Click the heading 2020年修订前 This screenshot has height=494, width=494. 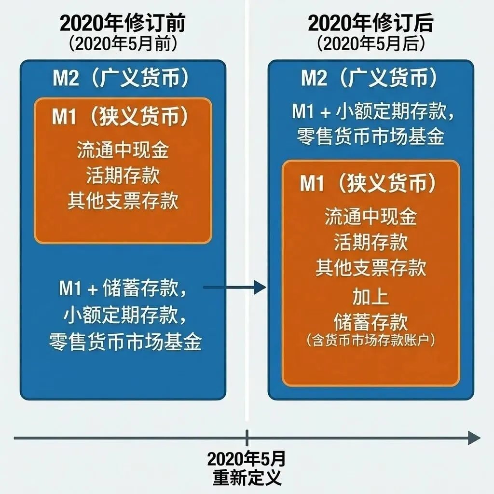pos(123,23)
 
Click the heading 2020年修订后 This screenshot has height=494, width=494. pos(370,23)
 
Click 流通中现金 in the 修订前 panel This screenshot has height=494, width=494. pos(123,151)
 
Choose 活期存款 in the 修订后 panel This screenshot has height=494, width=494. pos(370,242)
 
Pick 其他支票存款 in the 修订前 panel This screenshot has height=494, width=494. pos(123,201)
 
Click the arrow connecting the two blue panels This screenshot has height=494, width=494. pos(234,288)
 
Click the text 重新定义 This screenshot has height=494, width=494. pos(247,477)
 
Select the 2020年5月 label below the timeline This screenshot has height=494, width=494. pos(247,457)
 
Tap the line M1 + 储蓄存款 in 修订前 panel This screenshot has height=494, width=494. pos(123,289)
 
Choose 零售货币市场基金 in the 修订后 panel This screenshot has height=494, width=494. pos(370,137)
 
